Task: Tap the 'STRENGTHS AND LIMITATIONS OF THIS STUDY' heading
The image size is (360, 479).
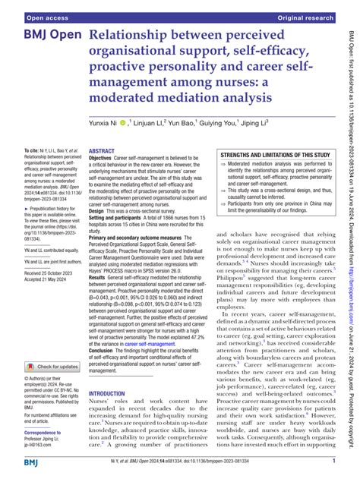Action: pyautogui.click(x=275, y=155)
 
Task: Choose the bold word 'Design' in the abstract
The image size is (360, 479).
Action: pyautogui.click(x=99, y=209)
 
